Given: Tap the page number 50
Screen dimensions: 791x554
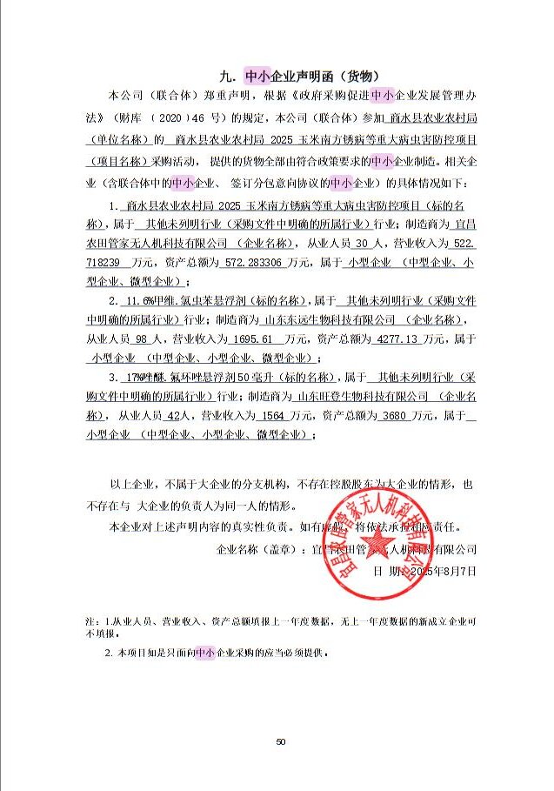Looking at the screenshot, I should (x=280, y=741).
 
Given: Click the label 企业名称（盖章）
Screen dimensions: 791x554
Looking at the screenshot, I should (x=256, y=550).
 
